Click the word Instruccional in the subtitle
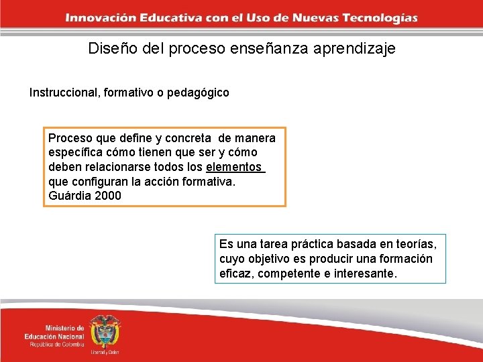tap(64, 93)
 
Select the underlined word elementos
tap(234, 167)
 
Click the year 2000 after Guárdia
tap(108, 196)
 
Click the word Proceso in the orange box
tap(70, 138)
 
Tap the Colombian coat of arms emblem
tap(105, 333)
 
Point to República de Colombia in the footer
tap(57, 345)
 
